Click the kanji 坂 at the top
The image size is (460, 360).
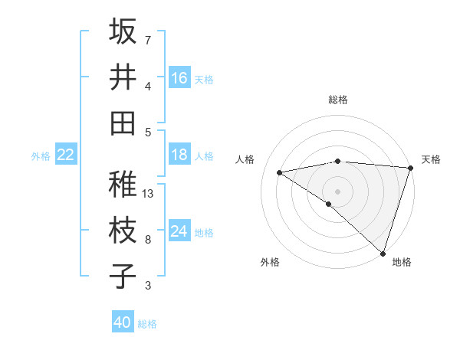click(x=123, y=32)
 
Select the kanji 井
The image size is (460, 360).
click(x=123, y=77)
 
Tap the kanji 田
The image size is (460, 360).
click(x=123, y=123)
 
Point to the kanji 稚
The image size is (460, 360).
click(x=123, y=185)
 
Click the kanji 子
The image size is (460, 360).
click(x=123, y=276)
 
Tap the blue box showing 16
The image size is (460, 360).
click(x=179, y=78)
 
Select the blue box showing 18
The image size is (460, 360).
click(x=179, y=155)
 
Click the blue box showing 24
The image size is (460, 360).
click(x=179, y=231)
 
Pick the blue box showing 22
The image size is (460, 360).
click(x=66, y=155)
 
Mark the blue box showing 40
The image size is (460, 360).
click(x=123, y=322)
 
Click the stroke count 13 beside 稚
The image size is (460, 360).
click(x=149, y=194)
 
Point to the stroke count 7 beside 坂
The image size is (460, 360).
click(x=147, y=40)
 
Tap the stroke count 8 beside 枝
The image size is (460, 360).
click(x=147, y=240)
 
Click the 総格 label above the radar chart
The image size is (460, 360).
click(x=337, y=100)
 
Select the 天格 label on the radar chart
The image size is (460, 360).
click(x=431, y=159)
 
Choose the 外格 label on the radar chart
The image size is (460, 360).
click(x=270, y=262)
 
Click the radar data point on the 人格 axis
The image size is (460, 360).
click(x=280, y=172)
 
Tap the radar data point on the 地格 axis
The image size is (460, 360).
click(x=383, y=253)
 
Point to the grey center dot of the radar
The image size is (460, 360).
click(x=337, y=190)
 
